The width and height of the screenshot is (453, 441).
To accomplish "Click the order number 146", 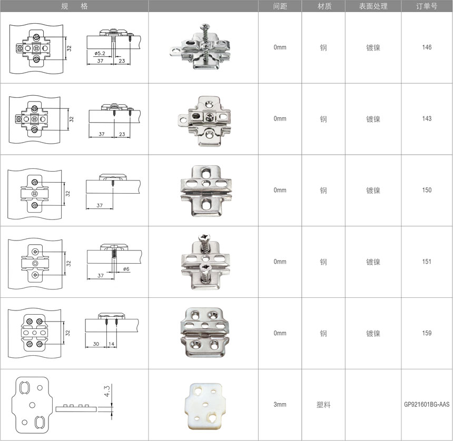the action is (x=427, y=47).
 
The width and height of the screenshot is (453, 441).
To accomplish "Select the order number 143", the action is (x=427, y=118).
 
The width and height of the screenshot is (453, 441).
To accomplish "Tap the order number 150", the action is (x=427, y=190).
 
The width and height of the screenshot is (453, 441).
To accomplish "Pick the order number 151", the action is (x=427, y=262).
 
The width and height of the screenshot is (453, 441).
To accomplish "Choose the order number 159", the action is (x=427, y=333).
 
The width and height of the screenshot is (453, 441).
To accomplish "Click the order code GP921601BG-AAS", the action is (x=427, y=404).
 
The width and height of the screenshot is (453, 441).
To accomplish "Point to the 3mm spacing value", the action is (x=280, y=404).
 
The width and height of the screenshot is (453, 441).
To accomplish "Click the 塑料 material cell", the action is (x=323, y=405).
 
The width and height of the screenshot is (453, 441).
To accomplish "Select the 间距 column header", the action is (x=280, y=6).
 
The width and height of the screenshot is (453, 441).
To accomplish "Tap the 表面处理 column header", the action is (x=373, y=6).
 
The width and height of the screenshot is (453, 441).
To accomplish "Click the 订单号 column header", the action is (x=427, y=6).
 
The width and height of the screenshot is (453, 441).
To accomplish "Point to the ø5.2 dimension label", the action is (x=100, y=53).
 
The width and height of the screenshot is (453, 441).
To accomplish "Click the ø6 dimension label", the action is (x=126, y=269).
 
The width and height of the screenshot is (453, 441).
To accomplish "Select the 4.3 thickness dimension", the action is (x=106, y=391).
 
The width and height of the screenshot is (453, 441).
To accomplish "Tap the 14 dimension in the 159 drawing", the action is (x=111, y=344).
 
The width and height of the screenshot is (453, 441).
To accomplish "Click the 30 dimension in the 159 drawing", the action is (x=96, y=344).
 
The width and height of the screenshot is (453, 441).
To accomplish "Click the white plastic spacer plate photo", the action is (x=205, y=406).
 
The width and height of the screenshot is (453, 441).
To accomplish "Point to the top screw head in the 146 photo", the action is (x=205, y=26).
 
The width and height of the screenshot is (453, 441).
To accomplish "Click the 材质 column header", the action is (x=324, y=6).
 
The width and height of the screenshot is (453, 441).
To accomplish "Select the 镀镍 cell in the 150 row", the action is (x=373, y=190).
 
